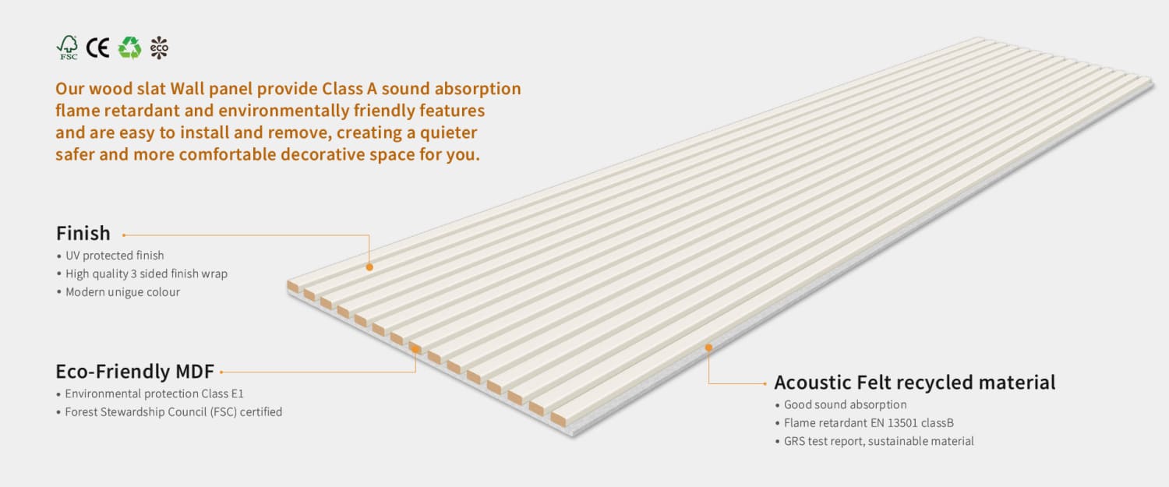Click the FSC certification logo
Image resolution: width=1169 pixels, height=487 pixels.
pos(68,48)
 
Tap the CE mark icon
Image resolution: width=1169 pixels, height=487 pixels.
pos(97,48)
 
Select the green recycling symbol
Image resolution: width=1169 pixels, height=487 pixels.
pos(129,48)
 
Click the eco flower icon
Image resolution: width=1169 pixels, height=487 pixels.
pos(159,48)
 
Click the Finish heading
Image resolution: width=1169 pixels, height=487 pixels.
pos(83,233)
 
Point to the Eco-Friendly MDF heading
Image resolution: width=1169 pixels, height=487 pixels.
pos(135,371)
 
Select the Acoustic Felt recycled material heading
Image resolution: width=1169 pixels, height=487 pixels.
pos(914,383)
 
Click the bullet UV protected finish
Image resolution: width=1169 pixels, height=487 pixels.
pos(115,256)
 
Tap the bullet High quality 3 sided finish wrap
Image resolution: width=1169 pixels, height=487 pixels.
pos(146,273)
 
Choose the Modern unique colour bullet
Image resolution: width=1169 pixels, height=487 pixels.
pos(122,292)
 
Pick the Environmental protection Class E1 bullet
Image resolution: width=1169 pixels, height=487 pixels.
pos(154,393)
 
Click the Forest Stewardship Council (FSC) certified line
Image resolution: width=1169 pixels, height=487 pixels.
pos(173,411)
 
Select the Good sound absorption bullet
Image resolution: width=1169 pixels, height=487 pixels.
pos(845,405)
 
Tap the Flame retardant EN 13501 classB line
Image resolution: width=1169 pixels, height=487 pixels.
pos(868,423)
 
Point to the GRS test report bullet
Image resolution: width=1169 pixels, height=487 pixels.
pos(878,441)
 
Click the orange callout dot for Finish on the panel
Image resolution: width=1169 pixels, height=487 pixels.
pos(369,267)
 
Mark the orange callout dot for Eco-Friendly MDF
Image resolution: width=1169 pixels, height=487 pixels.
pos(415,350)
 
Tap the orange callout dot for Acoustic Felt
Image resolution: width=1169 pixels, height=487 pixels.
pos(708,348)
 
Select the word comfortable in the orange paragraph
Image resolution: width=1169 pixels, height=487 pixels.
pos(227,154)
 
